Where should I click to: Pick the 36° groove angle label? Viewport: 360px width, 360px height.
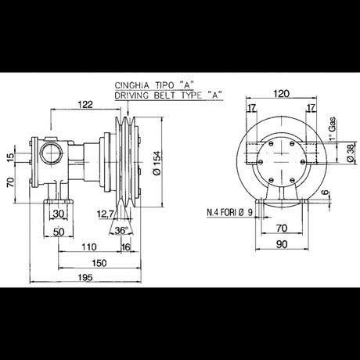pyautogui.click(x=120, y=231)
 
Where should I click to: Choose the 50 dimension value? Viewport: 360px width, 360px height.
pyautogui.click(x=60, y=232)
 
